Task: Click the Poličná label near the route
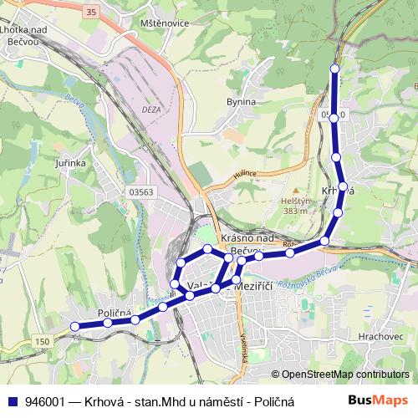point(115,313)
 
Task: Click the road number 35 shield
point(91,11)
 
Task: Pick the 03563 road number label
point(141,191)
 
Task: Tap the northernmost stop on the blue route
point(335,69)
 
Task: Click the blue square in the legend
point(12,400)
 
